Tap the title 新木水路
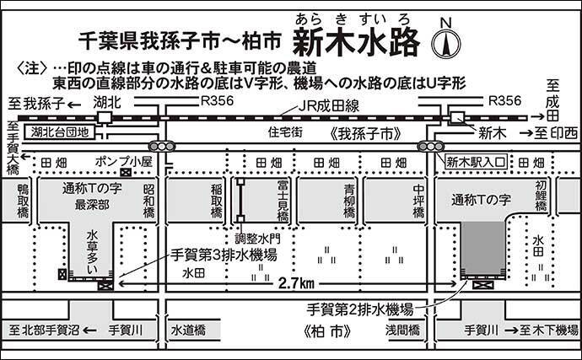pyautogui.click(x=356, y=43)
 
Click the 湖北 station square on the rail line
pyautogui.click(x=104, y=118)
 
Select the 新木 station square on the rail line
pyautogui.click(x=456, y=118)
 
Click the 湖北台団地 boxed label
pyautogui.click(x=59, y=132)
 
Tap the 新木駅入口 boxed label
pyautogui.click(x=476, y=162)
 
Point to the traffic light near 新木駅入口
pyautogui.click(x=430, y=146)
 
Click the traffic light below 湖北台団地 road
pyautogui.click(x=161, y=146)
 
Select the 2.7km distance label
pyautogui.click(x=297, y=283)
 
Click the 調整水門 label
pyautogui.click(x=257, y=239)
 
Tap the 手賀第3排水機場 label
pyautogui.click(x=224, y=255)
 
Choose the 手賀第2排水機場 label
pyautogui.click(x=359, y=309)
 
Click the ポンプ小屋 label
pyautogui.click(x=124, y=161)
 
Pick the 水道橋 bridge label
pyautogui.click(x=188, y=330)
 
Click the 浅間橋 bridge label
pyautogui.click(x=402, y=330)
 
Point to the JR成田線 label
pyautogui.click(x=329, y=106)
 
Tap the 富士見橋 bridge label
pyautogui.click(x=283, y=201)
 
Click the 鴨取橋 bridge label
pyautogui.click(x=23, y=201)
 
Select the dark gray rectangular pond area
pyautogui.click(x=483, y=248)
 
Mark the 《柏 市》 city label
pyautogui.click(x=327, y=331)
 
